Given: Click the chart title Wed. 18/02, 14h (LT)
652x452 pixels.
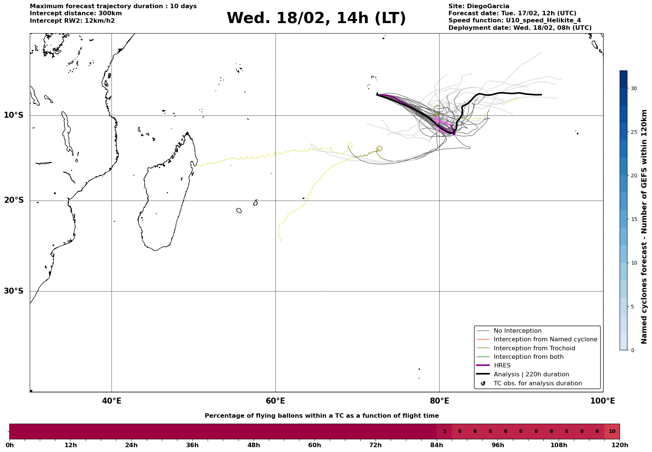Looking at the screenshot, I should (x=316, y=18).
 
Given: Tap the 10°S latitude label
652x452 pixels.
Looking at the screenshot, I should (x=14, y=115).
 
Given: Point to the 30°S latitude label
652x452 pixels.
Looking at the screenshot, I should (x=14, y=291).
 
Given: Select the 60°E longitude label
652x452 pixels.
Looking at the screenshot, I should (x=275, y=401).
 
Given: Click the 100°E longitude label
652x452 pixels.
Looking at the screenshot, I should (x=603, y=401).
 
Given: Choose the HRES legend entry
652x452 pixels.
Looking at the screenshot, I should (x=502, y=366).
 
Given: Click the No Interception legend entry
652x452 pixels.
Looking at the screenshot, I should (x=517, y=331).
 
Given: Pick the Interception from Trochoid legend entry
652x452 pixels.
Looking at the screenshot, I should (x=534, y=348).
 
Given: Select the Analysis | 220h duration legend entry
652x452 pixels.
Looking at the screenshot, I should (x=531, y=374).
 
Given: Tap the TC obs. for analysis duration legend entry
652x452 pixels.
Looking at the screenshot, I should (x=537, y=383).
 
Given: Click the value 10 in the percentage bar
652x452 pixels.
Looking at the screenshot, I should (x=612, y=432).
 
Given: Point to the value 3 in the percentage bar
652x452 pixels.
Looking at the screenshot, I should (x=444, y=432).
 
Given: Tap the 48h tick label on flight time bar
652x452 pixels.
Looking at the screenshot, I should (x=253, y=445).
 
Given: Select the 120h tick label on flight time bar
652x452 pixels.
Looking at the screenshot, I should (x=620, y=445).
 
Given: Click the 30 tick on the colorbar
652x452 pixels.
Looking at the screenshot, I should (x=633, y=88).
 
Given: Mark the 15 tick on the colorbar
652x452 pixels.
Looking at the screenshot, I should (x=633, y=219).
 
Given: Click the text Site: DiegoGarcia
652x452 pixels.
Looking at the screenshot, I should (x=479, y=6).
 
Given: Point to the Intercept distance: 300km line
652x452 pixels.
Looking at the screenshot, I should (x=76, y=13).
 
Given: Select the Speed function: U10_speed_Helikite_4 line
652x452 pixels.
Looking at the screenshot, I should (x=514, y=20).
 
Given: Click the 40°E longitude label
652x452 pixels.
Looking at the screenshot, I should (x=112, y=401).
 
